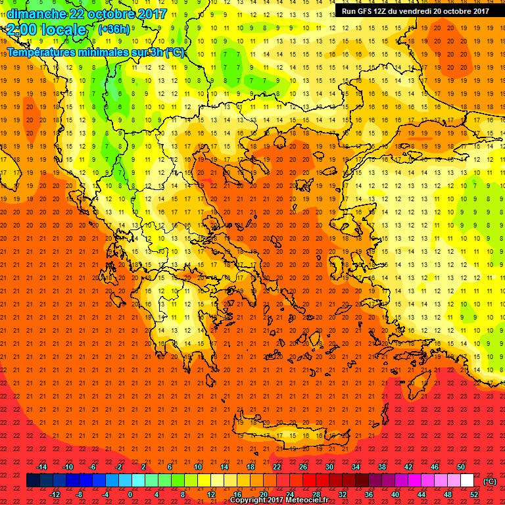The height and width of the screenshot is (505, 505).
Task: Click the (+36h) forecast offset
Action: pyautogui.click(x=114, y=30)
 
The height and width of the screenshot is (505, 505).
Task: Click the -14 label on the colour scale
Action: pyautogui.click(x=41, y=467)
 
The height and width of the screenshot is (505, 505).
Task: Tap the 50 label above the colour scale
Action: pyautogui.click(x=461, y=467)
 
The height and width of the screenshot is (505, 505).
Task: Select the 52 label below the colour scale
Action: pyautogui.click(x=474, y=494)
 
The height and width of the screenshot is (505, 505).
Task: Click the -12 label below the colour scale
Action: pyautogui.click(x=55, y=494)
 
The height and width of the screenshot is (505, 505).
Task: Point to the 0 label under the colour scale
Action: pyautogui.click(x=130, y=494)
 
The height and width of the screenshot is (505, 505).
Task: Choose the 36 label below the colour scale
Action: pyautogui.click(x=370, y=494)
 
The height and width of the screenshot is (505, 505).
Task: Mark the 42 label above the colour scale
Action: pyautogui.click(x=408, y=467)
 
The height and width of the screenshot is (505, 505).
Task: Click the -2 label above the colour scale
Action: pyautogui.click(x=118, y=467)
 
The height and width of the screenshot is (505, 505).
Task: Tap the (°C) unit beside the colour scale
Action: pyautogui.click(x=490, y=481)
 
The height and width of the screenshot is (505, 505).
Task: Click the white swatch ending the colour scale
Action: pyautogui.click(x=468, y=481)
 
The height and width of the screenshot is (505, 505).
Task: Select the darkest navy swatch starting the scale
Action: pyautogui.click(x=33, y=481)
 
